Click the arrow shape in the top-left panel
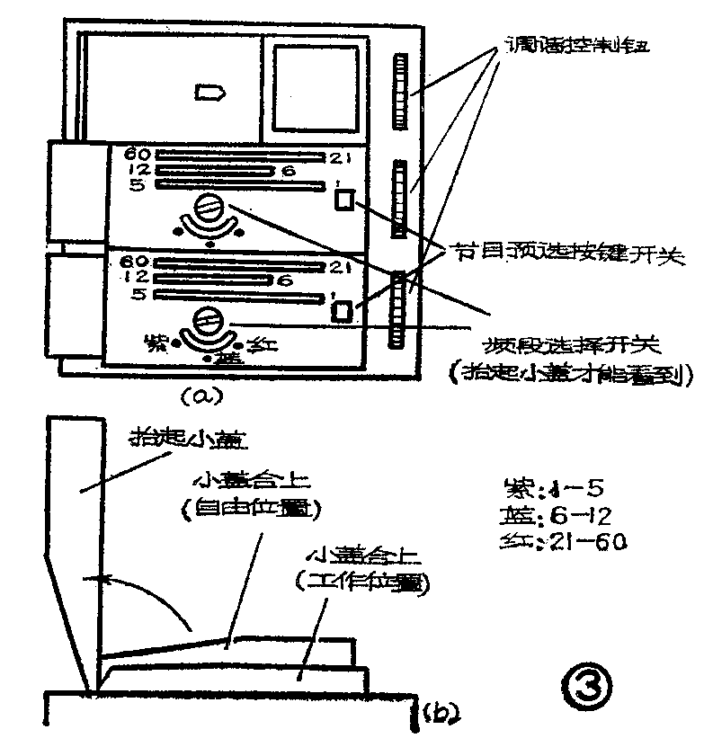tap(209, 91)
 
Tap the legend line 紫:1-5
tap(555, 490)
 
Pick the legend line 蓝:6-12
tap(555, 516)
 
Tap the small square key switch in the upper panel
tap(343, 201)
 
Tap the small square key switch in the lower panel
tap(342, 311)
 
